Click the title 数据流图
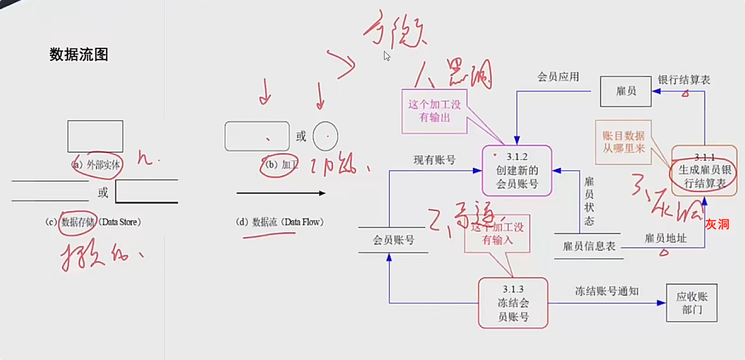[x=79, y=55]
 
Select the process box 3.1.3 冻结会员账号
[x=513, y=303]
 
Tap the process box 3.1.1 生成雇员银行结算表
[x=704, y=168]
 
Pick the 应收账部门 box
[x=693, y=303]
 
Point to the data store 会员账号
[x=393, y=240]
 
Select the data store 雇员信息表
[x=588, y=245]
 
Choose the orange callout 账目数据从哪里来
[x=623, y=142]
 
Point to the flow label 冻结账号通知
[x=606, y=291]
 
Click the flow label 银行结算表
[x=683, y=80]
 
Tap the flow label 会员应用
[x=558, y=77]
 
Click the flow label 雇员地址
[x=665, y=238]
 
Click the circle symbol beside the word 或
[x=326, y=136]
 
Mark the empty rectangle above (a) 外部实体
[x=95, y=136]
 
